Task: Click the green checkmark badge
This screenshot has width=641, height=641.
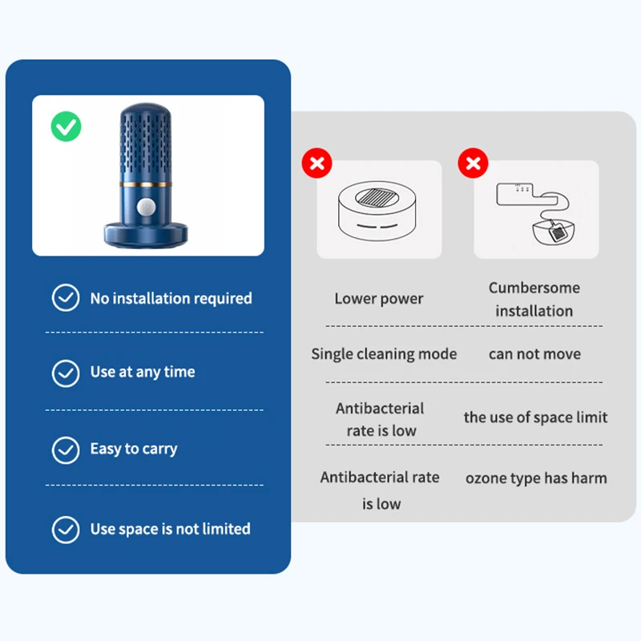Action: (x=66, y=127)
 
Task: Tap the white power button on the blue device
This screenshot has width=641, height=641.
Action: (x=146, y=207)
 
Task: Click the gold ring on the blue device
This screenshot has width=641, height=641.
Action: (x=146, y=184)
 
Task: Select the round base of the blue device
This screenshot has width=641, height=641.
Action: (x=146, y=235)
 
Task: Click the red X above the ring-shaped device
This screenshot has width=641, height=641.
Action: (x=316, y=163)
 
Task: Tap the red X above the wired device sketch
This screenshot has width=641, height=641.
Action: (x=473, y=163)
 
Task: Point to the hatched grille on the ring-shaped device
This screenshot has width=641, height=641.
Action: (x=377, y=197)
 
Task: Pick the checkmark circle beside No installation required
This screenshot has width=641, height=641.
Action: (x=66, y=297)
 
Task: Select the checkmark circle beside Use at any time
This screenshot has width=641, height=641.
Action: (x=66, y=373)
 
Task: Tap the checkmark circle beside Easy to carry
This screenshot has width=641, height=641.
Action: (x=66, y=450)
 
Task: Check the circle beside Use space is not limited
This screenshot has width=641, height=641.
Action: (x=66, y=530)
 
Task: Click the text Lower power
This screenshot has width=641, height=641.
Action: (x=379, y=298)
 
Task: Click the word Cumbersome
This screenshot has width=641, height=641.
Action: (x=534, y=288)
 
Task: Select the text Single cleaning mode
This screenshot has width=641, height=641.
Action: (x=384, y=354)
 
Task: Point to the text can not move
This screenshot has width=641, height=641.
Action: (x=534, y=354)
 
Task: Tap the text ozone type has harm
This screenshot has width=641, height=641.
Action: (x=536, y=478)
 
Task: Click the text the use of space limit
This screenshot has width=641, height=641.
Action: (x=535, y=417)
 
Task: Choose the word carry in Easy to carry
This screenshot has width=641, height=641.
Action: (x=159, y=450)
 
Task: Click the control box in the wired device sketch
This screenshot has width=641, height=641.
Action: (x=526, y=194)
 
